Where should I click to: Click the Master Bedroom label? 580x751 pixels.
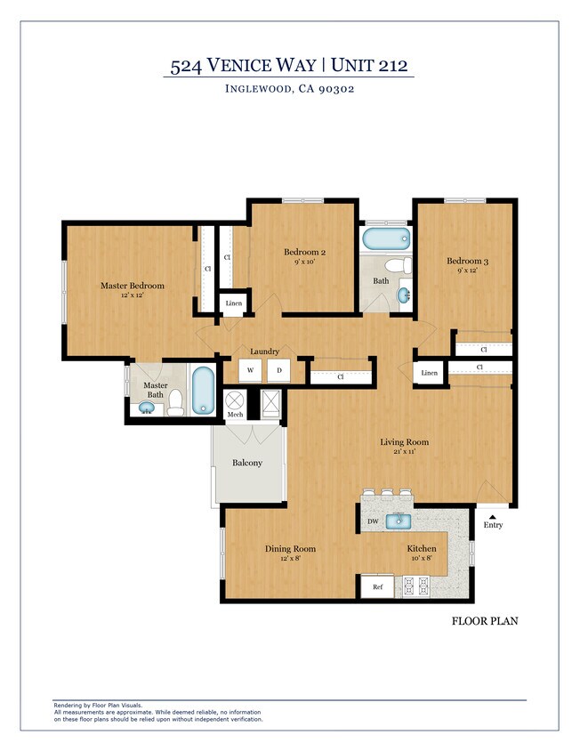(132, 286)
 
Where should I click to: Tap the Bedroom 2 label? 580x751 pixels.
(304, 251)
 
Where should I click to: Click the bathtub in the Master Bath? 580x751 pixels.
(204, 392)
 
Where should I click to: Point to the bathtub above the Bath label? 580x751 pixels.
(386, 238)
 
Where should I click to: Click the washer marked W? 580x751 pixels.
(250, 370)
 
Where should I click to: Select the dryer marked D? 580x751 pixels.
(278, 370)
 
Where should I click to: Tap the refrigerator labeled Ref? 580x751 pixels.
(376, 586)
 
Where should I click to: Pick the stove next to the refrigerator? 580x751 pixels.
(416, 586)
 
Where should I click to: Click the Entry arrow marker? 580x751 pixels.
(492, 515)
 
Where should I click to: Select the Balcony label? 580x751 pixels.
(247, 463)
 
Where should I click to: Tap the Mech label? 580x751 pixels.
(235, 415)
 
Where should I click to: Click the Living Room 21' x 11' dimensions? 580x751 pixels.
(405, 452)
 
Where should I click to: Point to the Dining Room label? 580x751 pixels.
(290, 549)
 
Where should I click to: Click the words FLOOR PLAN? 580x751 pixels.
(485, 622)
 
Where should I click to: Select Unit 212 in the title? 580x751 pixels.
(370, 66)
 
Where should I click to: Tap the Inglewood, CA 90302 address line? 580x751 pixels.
(288, 88)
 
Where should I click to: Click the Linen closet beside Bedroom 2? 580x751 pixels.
(233, 303)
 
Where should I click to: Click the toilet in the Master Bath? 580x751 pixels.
(175, 402)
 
